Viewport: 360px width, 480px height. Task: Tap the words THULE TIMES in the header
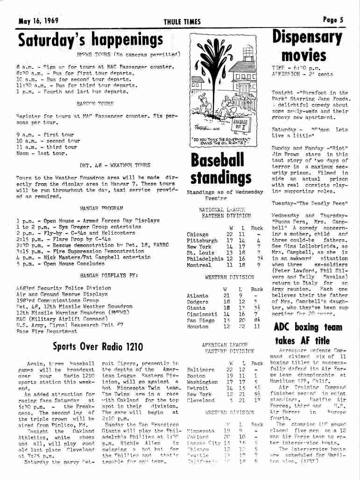tap(182, 21)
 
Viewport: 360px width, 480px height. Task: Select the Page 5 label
tap(333, 20)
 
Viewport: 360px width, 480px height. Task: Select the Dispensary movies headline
tap(307, 46)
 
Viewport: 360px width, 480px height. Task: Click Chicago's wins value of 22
tap(229, 234)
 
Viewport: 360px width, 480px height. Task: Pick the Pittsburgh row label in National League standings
tap(202, 241)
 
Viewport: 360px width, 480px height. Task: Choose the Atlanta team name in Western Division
tap(197, 295)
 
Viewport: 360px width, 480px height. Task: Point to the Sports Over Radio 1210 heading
tap(98, 346)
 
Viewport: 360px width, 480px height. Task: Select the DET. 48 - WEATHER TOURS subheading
tap(115, 165)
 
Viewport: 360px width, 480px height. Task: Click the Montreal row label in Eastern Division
tap(198, 265)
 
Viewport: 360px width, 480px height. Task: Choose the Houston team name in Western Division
tap(198, 327)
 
